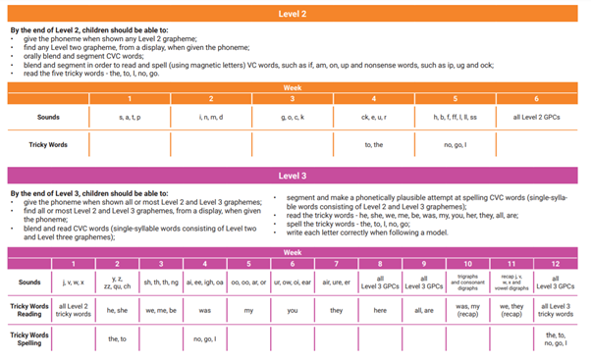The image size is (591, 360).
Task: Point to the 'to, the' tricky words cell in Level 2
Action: tap(373, 144)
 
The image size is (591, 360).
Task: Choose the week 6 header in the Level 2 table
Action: tap(536, 98)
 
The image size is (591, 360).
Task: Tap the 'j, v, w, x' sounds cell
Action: tap(74, 282)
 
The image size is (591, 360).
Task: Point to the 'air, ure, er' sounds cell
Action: tap(336, 282)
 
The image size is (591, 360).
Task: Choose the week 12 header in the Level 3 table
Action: tap(556, 264)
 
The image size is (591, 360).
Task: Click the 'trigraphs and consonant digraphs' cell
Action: tap(467, 282)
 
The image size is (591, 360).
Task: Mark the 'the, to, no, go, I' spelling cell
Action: tap(556, 337)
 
